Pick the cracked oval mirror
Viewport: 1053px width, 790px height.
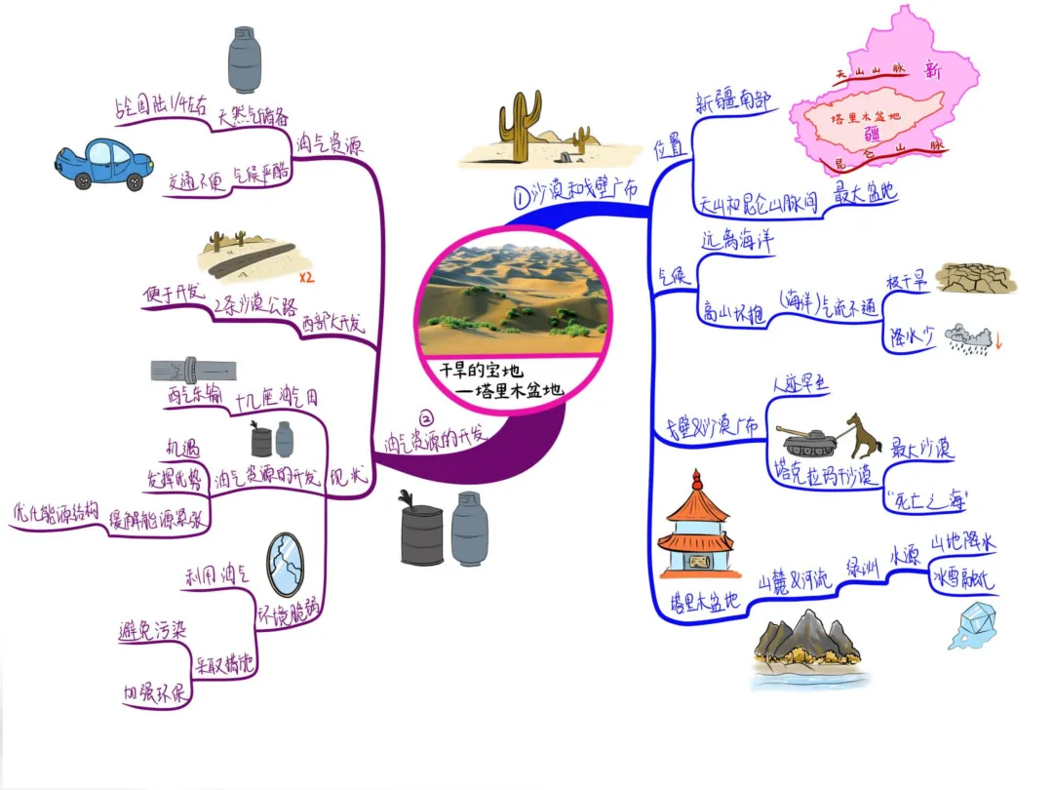click(x=285, y=565)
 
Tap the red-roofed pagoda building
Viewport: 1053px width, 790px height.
click(x=695, y=532)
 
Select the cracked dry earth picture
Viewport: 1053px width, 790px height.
click(x=975, y=278)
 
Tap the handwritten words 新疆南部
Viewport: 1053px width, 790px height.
click(x=733, y=101)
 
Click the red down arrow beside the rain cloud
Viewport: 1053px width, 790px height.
click(x=999, y=342)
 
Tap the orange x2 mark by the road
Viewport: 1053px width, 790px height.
click(x=307, y=277)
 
